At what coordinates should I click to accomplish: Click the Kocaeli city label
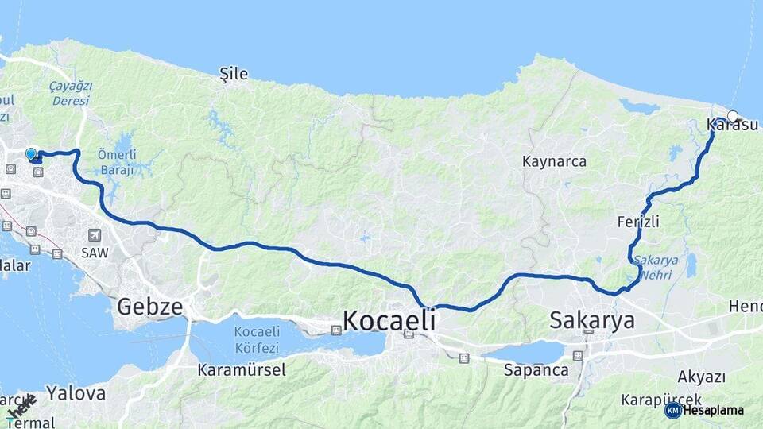389,320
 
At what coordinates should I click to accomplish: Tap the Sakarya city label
592,320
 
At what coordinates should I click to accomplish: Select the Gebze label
150,306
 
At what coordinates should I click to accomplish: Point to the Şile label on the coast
234,74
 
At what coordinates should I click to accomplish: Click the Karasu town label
732,125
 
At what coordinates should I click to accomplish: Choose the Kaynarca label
554,161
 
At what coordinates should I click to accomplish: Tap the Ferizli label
638,222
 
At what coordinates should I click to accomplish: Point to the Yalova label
76,392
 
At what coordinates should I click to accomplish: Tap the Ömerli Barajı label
118,161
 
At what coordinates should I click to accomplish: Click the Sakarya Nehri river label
656,267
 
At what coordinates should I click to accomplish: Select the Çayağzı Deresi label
71,93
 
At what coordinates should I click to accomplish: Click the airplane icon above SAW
95,234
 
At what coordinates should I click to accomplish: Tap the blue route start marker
31,153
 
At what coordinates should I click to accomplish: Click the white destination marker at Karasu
733,116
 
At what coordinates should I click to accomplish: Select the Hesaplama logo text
713,410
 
